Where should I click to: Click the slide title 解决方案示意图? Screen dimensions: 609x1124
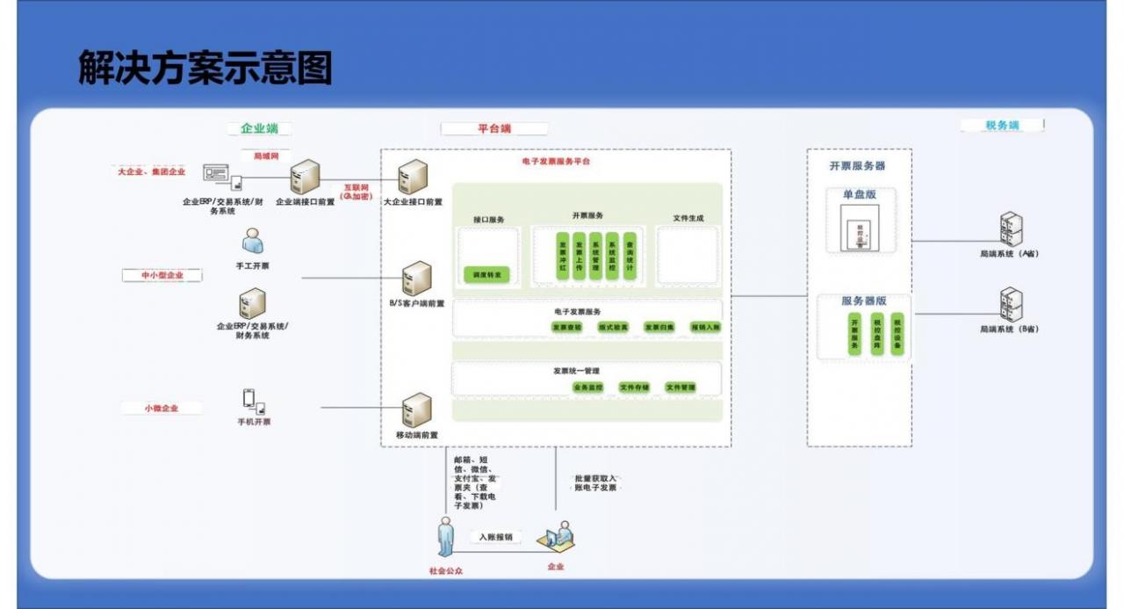click(x=205, y=69)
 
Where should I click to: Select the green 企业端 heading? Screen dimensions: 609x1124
click(x=259, y=128)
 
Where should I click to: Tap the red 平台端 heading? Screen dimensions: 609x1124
click(x=494, y=128)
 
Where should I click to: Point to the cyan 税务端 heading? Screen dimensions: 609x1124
click(x=1002, y=126)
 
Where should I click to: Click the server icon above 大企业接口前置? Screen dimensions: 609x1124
click(x=412, y=178)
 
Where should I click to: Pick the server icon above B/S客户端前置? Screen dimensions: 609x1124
click(x=416, y=279)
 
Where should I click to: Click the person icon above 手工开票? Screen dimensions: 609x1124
click(x=253, y=240)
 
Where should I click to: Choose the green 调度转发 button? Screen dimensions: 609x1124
click(x=486, y=275)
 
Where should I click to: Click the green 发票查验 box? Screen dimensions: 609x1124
click(x=567, y=327)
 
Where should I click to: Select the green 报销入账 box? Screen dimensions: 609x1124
click(x=705, y=327)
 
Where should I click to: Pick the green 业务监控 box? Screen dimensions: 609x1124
click(x=587, y=387)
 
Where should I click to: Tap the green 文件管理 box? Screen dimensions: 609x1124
click(x=681, y=387)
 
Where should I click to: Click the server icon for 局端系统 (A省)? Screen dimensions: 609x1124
click(x=1011, y=228)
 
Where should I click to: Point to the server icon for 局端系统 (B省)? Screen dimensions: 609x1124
click(x=1011, y=304)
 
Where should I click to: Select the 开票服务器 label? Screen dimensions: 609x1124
click(x=857, y=165)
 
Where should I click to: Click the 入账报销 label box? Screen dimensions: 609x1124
click(x=496, y=537)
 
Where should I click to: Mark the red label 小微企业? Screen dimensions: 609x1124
click(x=162, y=408)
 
